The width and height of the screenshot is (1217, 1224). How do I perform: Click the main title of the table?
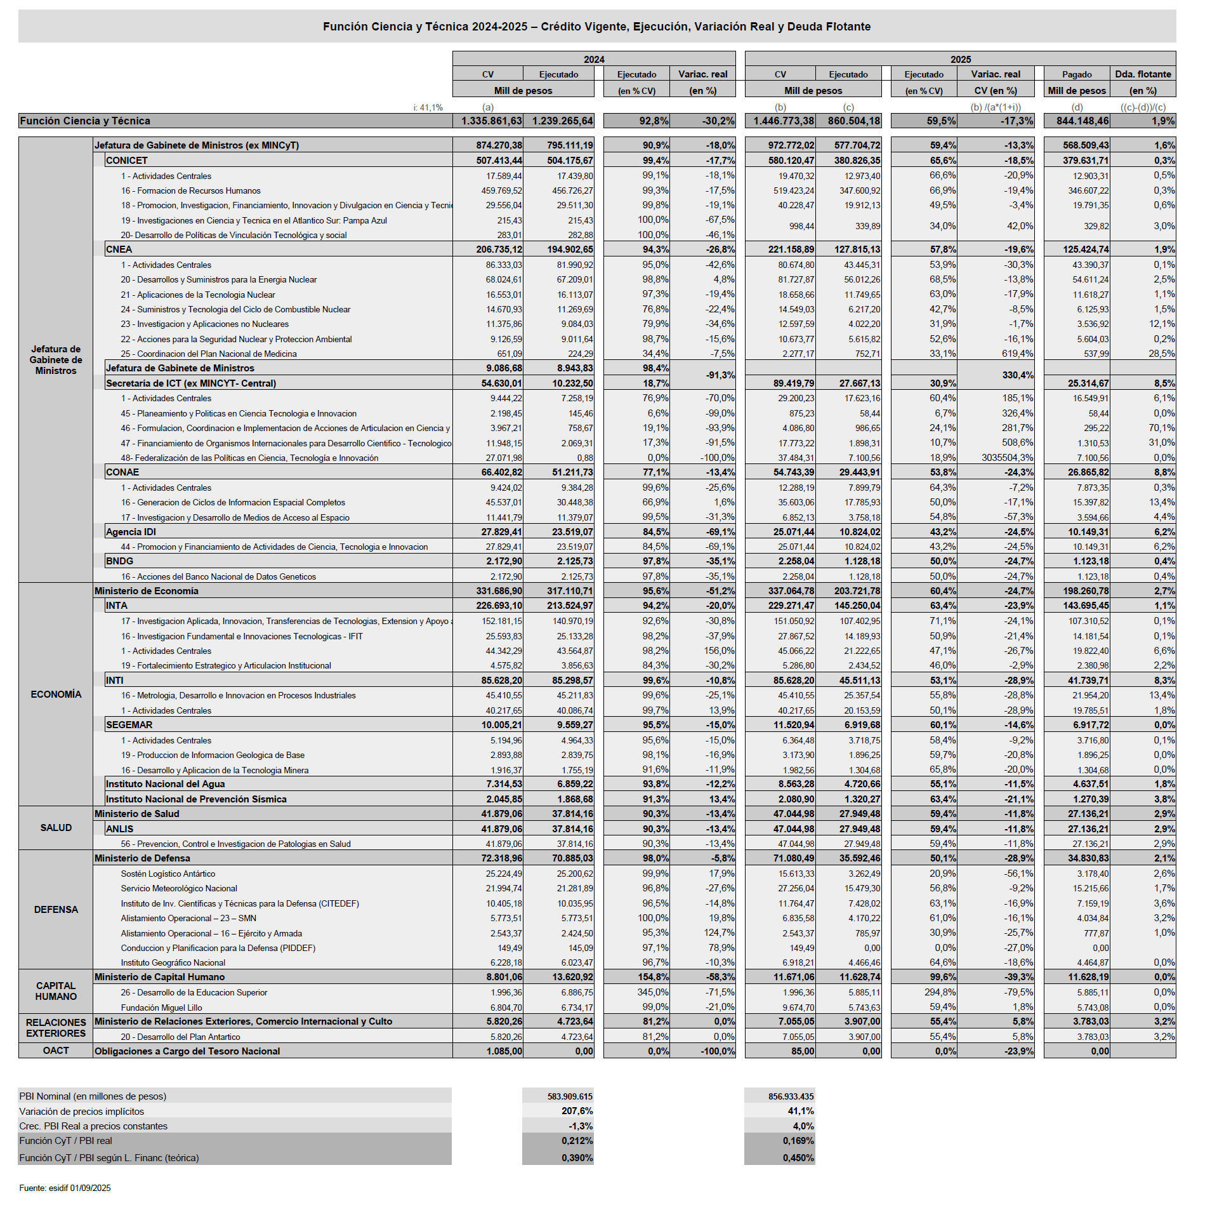click(596, 27)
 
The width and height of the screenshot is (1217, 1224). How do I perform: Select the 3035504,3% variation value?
click(1007, 458)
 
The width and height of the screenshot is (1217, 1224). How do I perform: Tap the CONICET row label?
click(127, 161)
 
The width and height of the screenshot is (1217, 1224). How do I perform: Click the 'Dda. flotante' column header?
click(1143, 74)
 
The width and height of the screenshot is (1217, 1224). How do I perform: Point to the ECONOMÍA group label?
click(56, 695)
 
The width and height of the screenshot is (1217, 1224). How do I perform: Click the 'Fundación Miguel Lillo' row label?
click(161, 1008)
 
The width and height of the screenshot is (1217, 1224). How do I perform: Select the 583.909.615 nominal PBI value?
click(570, 1096)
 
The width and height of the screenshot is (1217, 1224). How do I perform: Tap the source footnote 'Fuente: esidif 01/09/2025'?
click(65, 1188)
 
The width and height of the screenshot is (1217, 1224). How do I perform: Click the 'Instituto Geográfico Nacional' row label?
click(173, 962)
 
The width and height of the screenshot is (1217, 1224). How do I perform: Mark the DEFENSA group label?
click(56, 910)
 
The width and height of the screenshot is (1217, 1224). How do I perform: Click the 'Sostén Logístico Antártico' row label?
click(168, 874)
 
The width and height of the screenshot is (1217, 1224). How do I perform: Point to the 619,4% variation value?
click(1017, 354)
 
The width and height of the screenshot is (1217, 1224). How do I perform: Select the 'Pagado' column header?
click(1077, 74)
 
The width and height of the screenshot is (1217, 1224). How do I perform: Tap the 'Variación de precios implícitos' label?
click(82, 1111)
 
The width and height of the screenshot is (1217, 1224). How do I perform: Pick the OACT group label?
click(56, 1051)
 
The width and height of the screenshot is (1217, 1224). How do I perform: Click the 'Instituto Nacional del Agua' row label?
click(165, 784)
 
